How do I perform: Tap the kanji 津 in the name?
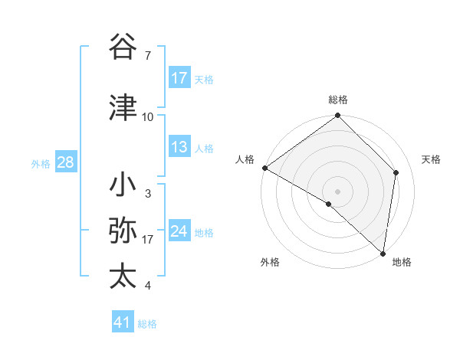pyautogui.click(x=123, y=108)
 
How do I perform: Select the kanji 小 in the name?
pyautogui.click(x=123, y=186)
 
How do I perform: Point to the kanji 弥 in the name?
pyautogui.click(x=123, y=231)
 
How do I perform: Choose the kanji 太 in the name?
pyautogui.click(x=123, y=277)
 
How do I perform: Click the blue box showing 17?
pyautogui.click(x=179, y=78)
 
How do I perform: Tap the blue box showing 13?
pyautogui.click(x=179, y=147)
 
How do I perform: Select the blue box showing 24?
pyautogui.click(x=179, y=231)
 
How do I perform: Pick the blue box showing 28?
pyautogui.click(x=65, y=162)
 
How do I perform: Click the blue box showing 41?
pyautogui.click(x=123, y=322)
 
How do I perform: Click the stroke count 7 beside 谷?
pyautogui.click(x=147, y=55)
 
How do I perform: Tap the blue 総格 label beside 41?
pyautogui.click(x=147, y=324)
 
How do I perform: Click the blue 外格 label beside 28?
pyautogui.click(x=41, y=163)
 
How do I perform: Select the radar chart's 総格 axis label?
pyautogui.click(x=337, y=100)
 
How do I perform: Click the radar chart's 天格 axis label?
pyautogui.click(x=431, y=159)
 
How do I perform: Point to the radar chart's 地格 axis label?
pyautogui.click(x=402, y=262)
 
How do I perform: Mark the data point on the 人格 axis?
pyautogui.click(x=264, y=168)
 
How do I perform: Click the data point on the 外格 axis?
pyautogui.click(x=329, y=204)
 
